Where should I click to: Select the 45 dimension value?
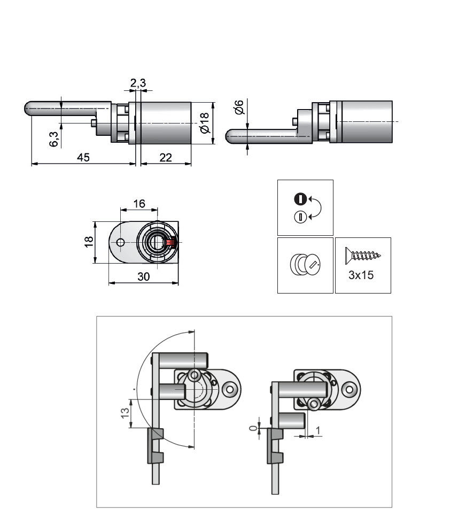coord(83,157)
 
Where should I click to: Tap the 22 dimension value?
coord(166,157)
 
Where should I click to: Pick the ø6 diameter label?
coord(239,107)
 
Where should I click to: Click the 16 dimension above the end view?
coord(139,204)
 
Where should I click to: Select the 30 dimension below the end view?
coord(143,276)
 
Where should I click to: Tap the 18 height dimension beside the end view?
coord(89,242)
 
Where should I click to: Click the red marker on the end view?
coord(170,242)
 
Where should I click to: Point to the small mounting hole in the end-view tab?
coord(120,243)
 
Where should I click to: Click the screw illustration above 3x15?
coord(363,255)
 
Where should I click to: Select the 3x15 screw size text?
coord(361,276)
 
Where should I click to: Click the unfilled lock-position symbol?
coord(300,217)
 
